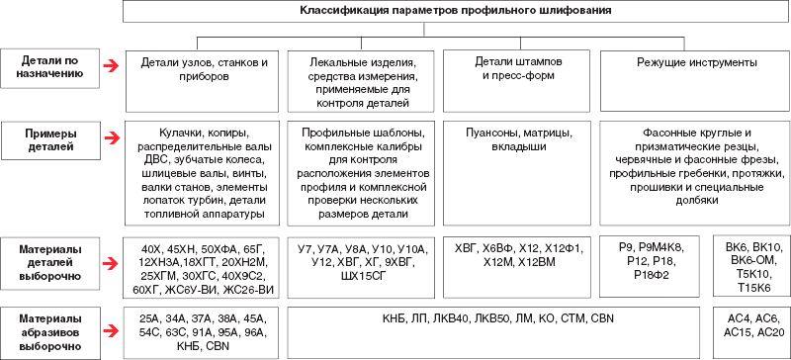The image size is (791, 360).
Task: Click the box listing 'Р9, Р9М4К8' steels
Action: (x=654, y=266)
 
